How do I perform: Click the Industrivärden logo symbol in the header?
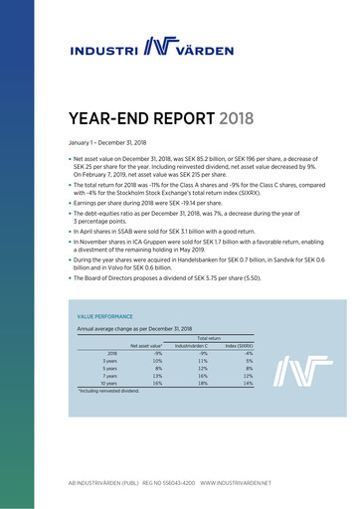coord(162,46)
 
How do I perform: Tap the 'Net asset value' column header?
coord(146,345)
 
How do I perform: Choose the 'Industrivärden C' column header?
coord(191,345)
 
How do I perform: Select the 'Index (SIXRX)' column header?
coord(239,345)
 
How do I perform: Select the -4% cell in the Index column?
coord(249,353)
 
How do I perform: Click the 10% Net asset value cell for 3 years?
coord(157,360)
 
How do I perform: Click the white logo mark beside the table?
coord(295,369)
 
